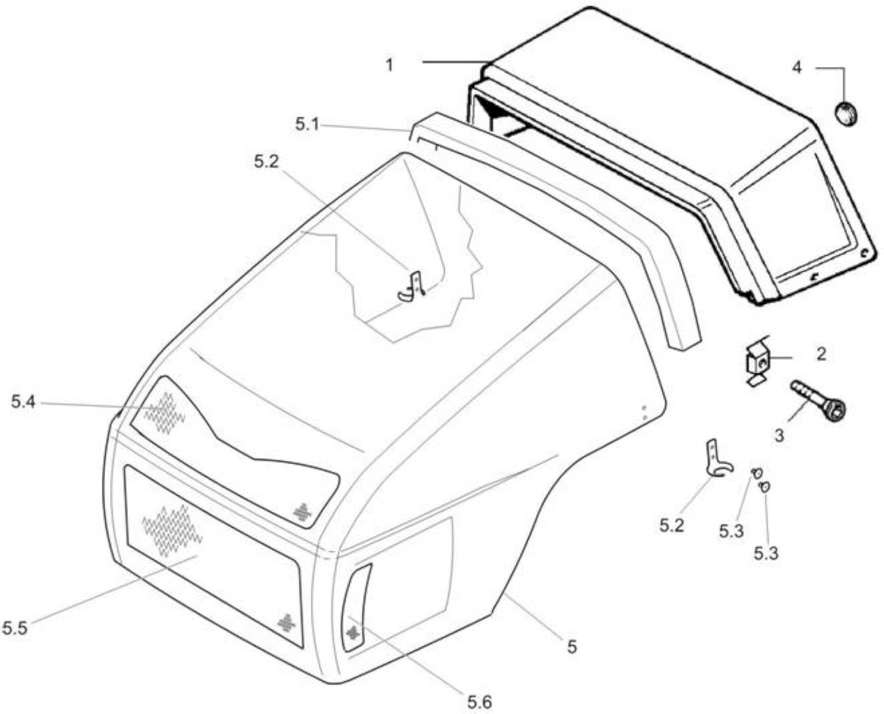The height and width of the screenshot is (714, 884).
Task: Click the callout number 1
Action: (x=389, y=65)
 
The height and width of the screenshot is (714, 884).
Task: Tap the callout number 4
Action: (x=797, y=67)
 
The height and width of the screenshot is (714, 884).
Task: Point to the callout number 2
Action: (x=821, y=355)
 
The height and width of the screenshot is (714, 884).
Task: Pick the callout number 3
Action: (x=779, y=436)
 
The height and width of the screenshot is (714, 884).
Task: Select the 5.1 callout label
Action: (x=307, y=124)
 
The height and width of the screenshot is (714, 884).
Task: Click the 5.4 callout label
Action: (x=24, y=402)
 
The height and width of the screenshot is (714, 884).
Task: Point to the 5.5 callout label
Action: (x=15, y=628)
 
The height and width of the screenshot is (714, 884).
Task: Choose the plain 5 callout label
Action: (x=572, y=646)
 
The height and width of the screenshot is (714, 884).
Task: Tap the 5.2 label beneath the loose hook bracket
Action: (x=671, y=526)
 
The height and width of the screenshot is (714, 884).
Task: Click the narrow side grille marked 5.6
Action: (x=356, y=608)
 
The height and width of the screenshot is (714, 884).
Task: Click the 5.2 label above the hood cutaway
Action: (x=266, y=162)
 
